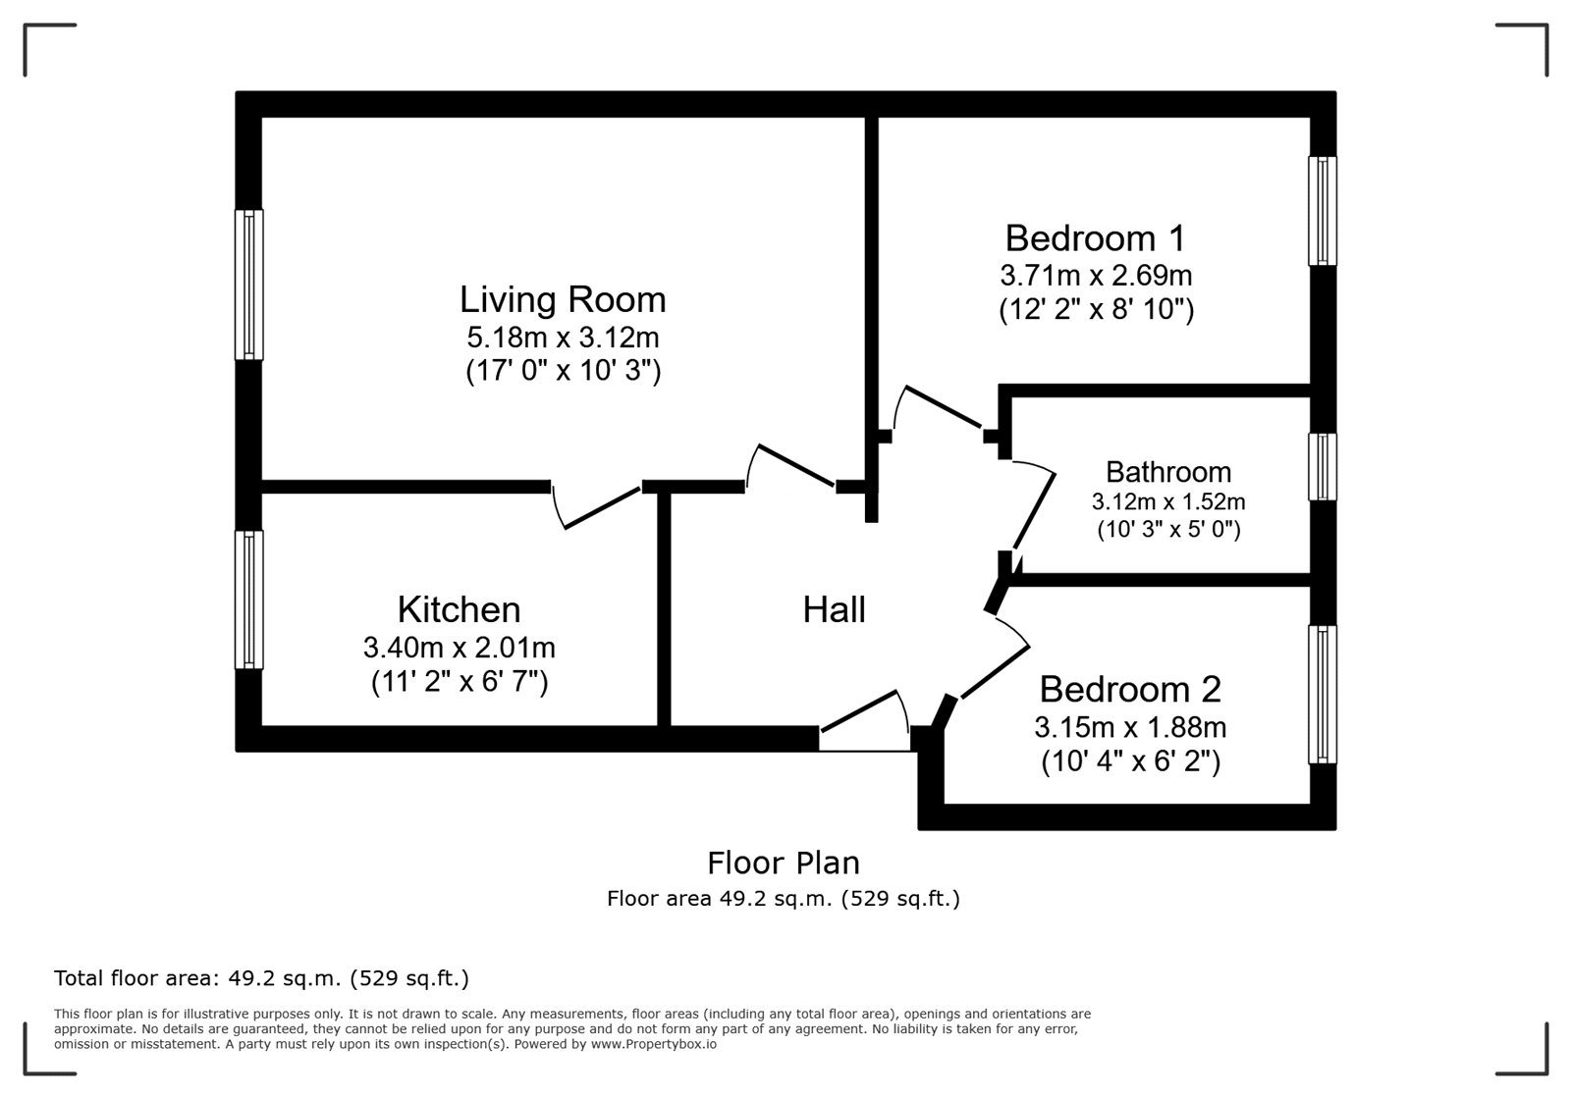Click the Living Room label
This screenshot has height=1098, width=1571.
[x=563, y=300]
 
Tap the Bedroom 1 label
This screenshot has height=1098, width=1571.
[x=1095, y=238]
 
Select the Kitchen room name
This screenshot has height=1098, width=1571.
[x=459, y=609]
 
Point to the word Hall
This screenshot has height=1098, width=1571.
[x=834, y=609]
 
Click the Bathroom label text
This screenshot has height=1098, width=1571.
[x=1168, y=472]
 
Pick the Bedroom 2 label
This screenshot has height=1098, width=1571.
[x=1130, y=690]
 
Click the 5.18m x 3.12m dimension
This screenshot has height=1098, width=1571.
[x=563, y=338]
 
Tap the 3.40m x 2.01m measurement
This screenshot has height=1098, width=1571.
[x=459, y=648]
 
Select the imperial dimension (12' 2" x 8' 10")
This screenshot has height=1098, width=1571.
[x=1096, y=309]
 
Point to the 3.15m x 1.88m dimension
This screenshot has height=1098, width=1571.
[x=1130, y=727]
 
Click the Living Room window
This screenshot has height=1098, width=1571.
[x=249, y=285]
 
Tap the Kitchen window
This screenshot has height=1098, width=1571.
[x=249, y=600]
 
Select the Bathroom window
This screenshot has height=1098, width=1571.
[x=1322, y=467]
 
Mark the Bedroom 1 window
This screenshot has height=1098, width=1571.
[x=1322, y=211]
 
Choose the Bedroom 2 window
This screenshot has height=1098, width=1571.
[x=1322, y=694]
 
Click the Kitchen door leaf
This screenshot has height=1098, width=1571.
[x=603, y=508]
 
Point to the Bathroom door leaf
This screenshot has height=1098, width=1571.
[x=1034, y=511]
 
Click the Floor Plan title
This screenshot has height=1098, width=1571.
[x=784, y=863]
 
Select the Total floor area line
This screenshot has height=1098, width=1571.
[x=261, y=978]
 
